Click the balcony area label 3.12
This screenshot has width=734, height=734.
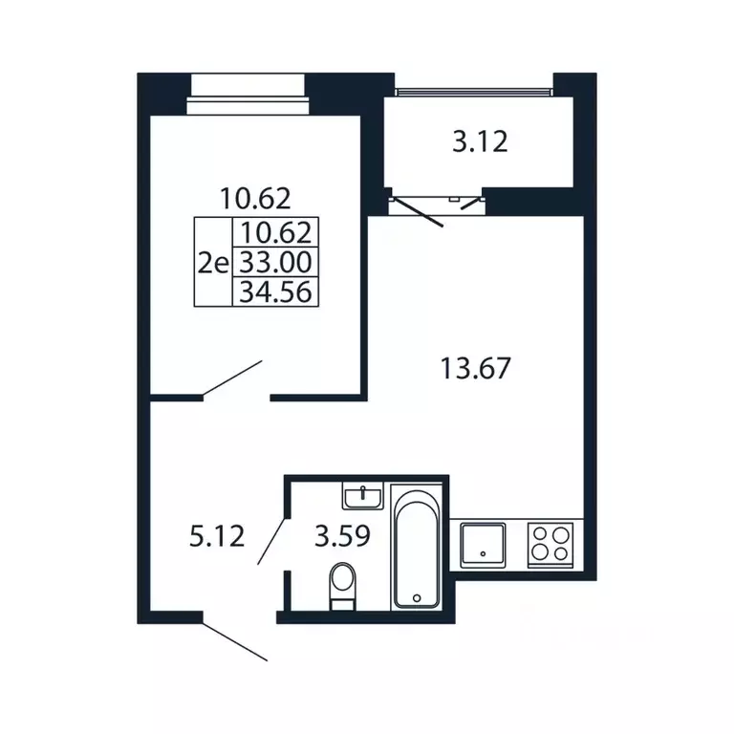point(480,141)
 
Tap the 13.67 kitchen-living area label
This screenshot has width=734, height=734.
point(475,368)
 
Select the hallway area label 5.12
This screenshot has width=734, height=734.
point(217,536)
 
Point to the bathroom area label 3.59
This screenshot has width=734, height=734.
point(342,536)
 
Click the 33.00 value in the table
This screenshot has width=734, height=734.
point(275,262)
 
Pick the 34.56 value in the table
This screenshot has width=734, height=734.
point(275,292)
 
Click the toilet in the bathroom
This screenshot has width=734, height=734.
point(343,586)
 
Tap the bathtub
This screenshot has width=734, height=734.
point(417,548)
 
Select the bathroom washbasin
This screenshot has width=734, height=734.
point(363,496)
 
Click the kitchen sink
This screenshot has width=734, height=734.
point(483,546)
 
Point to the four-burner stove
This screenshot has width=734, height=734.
point(550,546)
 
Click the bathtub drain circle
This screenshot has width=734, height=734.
point(417,597)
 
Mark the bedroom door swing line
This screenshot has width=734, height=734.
point(231,379)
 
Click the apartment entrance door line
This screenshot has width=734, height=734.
point(234,642)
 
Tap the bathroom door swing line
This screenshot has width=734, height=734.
point(271,541)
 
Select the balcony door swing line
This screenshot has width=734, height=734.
point(417,213)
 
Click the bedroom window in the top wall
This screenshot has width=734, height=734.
point(248,94)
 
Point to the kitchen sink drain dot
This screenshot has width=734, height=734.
point(483,553)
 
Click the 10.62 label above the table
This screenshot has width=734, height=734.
point(255,199)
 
